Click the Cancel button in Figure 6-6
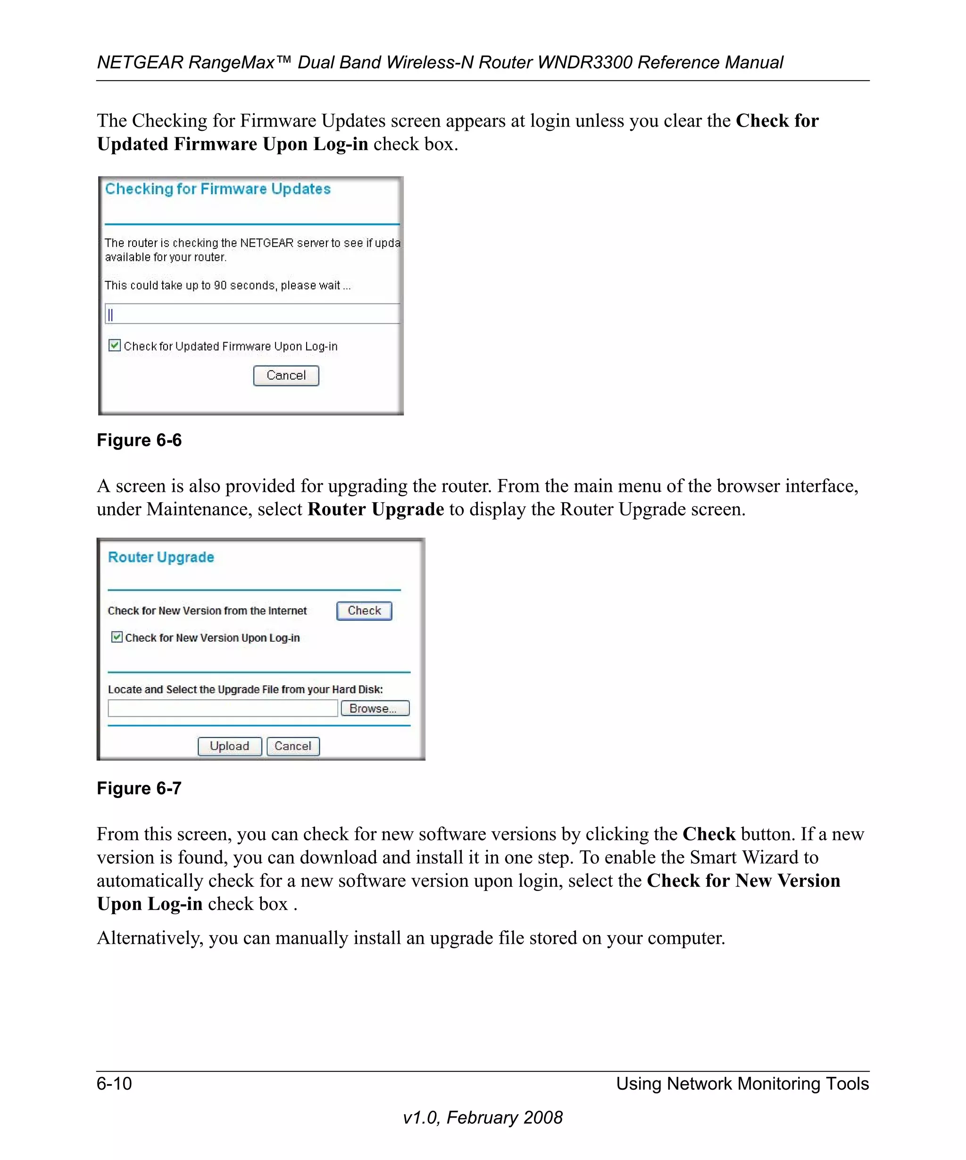tap(286, 376)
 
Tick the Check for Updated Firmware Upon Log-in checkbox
tap(114, 346)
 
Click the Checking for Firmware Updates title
tap(217, 189)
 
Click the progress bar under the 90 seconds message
tap(252, 314)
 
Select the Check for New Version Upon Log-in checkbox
tap(117, 638)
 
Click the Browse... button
tap(375, 708)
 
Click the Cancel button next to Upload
tap(292, 746)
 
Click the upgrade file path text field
tap(223, 708)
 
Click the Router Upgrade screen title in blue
tap(161, 557)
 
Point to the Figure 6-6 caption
tap(139, 440)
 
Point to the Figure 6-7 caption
tap(139, 788)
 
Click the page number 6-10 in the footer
tap(114, 1083)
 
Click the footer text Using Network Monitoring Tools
tap(742, 1083)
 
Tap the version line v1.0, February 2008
tap(483, 1118)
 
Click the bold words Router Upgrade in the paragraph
tap(375, 509)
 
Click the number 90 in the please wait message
tap(220, 286)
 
